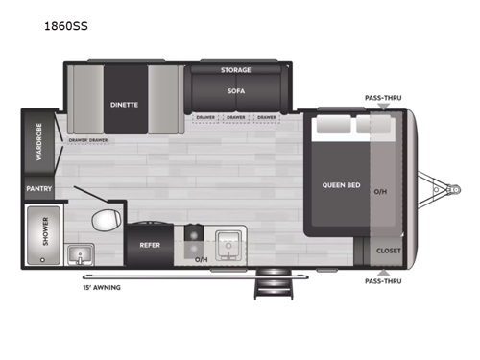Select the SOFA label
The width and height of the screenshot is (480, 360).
[x=235, y=91]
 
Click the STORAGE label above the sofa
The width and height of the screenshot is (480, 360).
[x=235, y=70]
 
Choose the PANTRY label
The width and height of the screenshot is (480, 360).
[x=38, y=189]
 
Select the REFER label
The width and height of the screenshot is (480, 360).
[x=150, y=246]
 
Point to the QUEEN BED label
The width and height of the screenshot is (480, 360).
[x=340, y=184]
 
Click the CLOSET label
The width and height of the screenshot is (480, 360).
[x=388, y=250]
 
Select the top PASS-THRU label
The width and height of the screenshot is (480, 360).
[x=382, y=98]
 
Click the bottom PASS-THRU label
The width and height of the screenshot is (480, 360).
[x=382, y=281]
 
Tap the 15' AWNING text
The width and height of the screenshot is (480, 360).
[x=102, y=285]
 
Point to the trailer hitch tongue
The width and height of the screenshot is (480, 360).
[x=444, y=183]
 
